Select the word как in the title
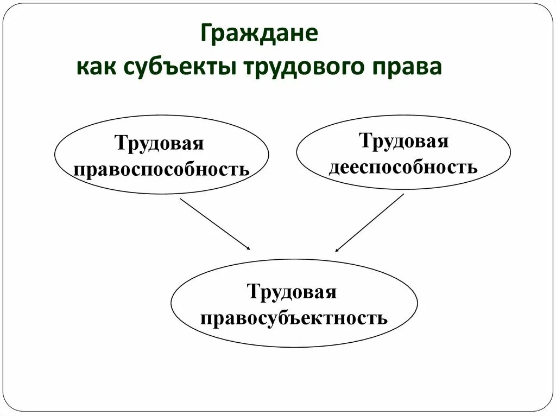(x=98, y=69)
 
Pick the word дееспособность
(x=403, y=166)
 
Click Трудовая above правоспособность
(x=159, y=144)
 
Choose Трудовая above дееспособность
(x=403, y=141)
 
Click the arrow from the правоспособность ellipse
(x=215, y=224)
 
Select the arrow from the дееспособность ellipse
(x=370, y=223)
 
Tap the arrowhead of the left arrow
(x=248, y=248)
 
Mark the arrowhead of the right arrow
(x=337, y=251)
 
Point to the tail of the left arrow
(x=181, y=199)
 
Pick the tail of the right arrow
(x=403, y=195)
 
